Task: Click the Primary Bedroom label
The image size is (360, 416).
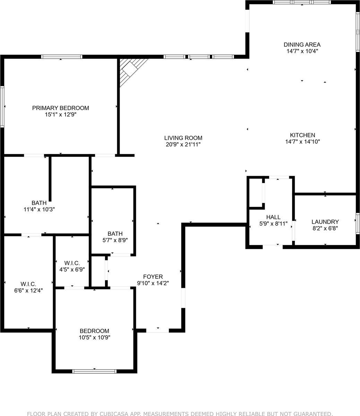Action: point(60,108)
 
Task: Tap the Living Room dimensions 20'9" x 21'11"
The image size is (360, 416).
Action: point(183,145)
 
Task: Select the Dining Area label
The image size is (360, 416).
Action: point(302,44)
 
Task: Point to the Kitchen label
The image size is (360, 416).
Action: point(302,135)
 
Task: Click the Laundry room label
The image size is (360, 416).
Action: point(325,222)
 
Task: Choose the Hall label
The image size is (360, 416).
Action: point(273,217)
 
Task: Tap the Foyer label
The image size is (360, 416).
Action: point(153,277)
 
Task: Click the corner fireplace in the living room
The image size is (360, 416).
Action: point(131,69)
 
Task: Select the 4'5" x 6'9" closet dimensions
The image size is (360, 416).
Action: point(72,269)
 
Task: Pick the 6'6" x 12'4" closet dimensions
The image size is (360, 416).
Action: point(28,291)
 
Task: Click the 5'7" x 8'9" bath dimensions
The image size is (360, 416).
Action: point(115,240)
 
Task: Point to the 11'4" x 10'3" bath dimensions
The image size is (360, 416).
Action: point(39,209)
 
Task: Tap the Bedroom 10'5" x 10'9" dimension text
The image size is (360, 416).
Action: point(94,337)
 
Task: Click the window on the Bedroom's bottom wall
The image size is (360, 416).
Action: point(94,371)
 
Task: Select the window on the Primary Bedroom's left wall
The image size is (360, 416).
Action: point(2,107)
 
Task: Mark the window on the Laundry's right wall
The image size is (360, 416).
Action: point(358,224)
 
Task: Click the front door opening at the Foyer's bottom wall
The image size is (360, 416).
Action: point(157,330)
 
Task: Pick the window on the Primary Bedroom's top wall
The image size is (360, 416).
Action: point(62,57)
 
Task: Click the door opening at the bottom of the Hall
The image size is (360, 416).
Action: point(273,247)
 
